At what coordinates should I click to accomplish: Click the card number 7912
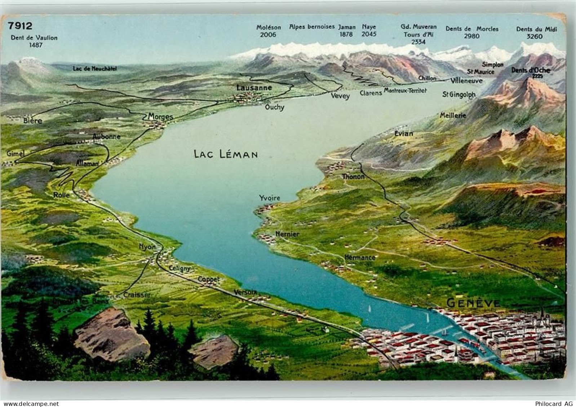pyautogui.click(x=20, y=26)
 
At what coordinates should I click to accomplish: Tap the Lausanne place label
pyautogui.click(x=254, y=87)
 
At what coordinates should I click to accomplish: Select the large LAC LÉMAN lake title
pyautogui.click(x=226, y=154)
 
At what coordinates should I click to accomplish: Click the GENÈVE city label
pyautogui.click(x=473, y=303)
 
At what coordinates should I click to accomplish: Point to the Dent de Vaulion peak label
pyautogui.click(x=34, y=37)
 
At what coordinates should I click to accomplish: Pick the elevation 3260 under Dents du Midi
pyautogui.click(x=535, y=36)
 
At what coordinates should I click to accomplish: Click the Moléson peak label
pyautogui.click(x=269, y=27)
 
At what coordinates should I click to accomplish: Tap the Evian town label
pyautogui.click(x=404, y=134)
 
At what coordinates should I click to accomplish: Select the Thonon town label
pyautogui.click(x=354, y=177)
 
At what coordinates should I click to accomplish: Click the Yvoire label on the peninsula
pyautogui.click(x=269, y=198)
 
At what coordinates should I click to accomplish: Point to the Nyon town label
pyautogui.click(x=147, y=247)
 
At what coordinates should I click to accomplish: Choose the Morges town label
pyautogui.click(x=160, y=117)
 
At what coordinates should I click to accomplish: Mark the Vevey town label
pyautogui.click(x=340, y=96)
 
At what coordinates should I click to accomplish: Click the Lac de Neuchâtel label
pyautogui.click(x=95, y=68)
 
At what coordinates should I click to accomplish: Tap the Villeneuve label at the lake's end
pyautogui.click(x=466, y=81)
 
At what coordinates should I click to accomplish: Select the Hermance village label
pyautogui.click(x=360, y=258)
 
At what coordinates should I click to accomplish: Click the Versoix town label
pyautogui.click(x=245, y=292)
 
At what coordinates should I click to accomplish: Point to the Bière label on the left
pyautogui.click(x=32, y=121)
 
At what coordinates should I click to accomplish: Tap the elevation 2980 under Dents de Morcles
pyautogui.click(x=472, y=36)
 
